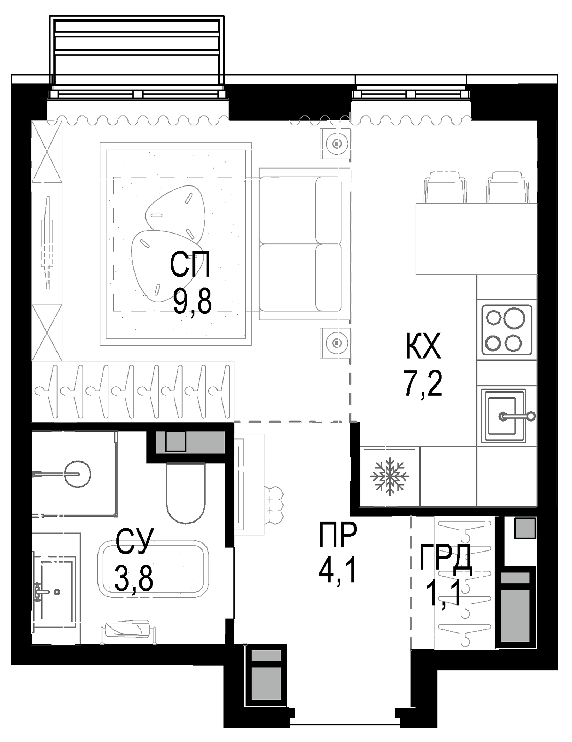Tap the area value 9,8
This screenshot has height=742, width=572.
pyautogui.click(x=192, y=302)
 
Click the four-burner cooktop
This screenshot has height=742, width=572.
pyautogui.click(x=507, y=330)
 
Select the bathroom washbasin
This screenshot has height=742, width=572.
pyautogui.click(x=56, y=590)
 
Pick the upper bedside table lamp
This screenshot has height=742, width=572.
pyautogui.click(x=335, y=144)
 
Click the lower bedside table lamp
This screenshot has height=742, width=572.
pyautogui.click(x=335, y=342)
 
